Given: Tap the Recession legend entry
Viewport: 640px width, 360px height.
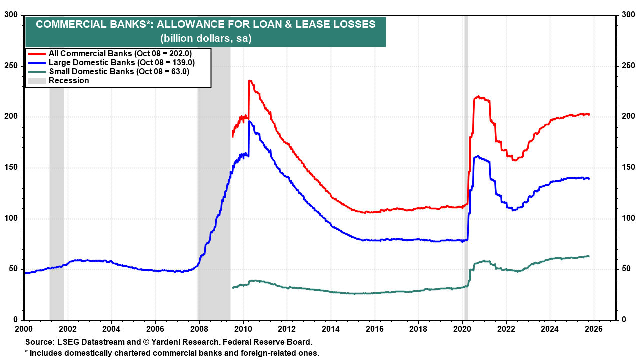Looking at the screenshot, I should point(69,80).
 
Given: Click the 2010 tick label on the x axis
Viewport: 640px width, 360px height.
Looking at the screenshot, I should point(243,329).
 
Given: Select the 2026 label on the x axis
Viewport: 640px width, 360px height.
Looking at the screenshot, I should point(594,329).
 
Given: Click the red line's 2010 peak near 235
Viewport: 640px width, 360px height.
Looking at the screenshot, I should point(249,80).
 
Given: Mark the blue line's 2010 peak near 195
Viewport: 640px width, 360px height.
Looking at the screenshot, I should point(249,121).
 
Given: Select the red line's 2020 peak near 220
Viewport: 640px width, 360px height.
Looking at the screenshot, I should point(478,96).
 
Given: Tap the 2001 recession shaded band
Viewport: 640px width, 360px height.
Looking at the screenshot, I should point(56,200).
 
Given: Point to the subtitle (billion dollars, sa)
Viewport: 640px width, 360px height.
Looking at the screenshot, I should point(205,38).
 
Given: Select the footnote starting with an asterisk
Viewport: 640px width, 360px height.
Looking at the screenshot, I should point(172,353).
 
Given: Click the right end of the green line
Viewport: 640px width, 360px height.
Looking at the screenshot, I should point(589,256).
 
